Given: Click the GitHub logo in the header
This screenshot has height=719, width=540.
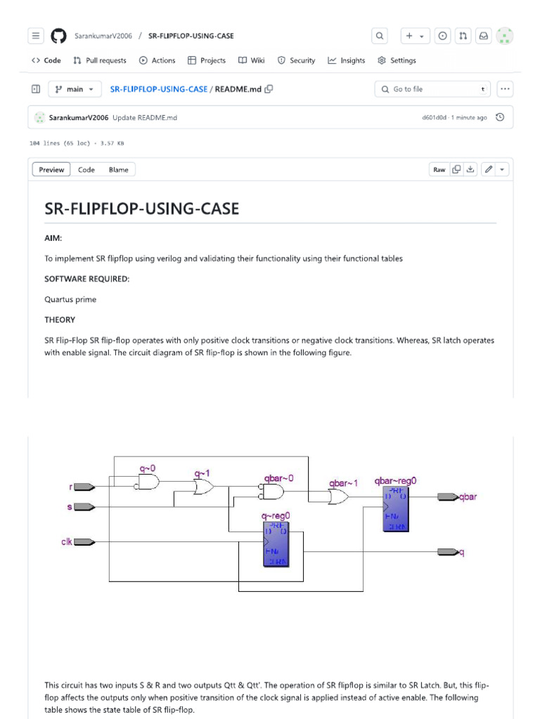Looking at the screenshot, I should pos(58,36).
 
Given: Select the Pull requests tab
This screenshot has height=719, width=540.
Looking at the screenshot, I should pos(100,60).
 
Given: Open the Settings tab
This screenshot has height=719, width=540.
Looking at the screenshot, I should pos(397,60).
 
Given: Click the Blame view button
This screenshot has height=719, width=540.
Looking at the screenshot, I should pos(119,169).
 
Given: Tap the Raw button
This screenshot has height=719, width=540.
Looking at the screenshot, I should pos(439,169).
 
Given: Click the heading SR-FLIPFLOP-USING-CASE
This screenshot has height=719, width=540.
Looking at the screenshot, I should pos(142,209).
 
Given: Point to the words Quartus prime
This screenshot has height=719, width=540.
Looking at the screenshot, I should pos(70,299).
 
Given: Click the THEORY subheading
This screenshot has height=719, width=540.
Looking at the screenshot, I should pos(60,319).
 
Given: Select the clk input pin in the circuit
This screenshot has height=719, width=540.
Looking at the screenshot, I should pos(84,541).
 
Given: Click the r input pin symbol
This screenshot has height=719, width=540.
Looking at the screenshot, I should pos(84,486).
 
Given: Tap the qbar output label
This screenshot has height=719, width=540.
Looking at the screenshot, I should pos(468,497).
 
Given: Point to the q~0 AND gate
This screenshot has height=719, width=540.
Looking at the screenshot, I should pos(148,482).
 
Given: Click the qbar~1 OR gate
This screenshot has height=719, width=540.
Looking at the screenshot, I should pos(338,497).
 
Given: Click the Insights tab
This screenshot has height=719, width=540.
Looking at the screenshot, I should pos(347,60).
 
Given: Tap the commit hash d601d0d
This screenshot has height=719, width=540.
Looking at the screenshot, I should pos(434,117).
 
